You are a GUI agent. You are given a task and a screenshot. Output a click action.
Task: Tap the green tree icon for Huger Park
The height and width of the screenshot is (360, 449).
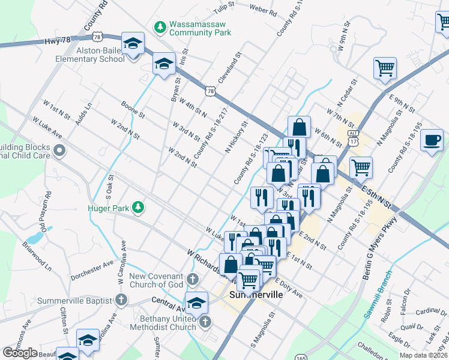(139, 207)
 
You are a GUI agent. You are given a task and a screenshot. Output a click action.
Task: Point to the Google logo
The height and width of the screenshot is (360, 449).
(20, 352)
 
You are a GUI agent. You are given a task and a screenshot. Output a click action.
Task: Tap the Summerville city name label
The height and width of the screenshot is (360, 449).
(255, 296)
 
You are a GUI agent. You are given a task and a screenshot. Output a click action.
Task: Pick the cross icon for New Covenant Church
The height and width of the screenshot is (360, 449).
(192, 279)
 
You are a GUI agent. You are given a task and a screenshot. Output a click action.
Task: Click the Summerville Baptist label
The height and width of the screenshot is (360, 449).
(75, 301)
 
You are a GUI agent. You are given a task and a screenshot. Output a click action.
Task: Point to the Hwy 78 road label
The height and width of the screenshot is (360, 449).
(58, 41)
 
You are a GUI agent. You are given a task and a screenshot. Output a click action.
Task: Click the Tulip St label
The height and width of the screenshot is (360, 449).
(224, 8)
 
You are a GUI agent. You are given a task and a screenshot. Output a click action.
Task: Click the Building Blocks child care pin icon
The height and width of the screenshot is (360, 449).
(59, 151)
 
